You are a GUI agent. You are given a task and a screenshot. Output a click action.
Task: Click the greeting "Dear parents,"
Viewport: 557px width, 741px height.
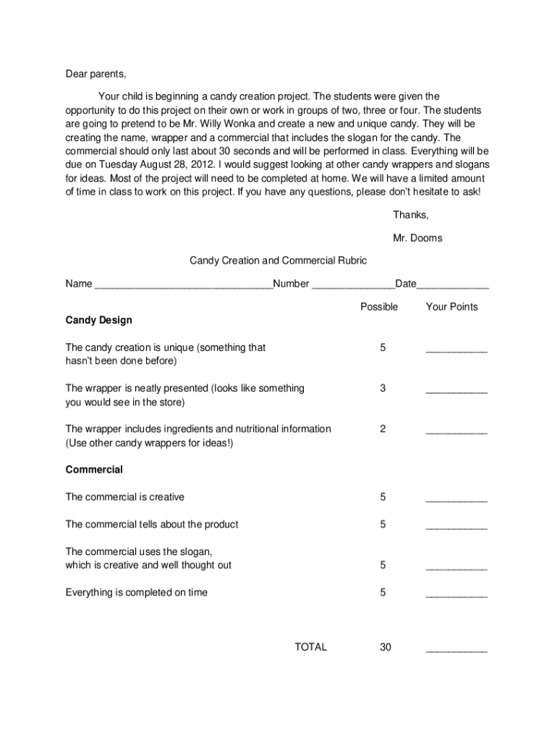pos(95,74)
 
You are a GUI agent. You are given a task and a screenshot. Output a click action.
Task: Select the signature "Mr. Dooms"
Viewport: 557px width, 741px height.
pos(417,238)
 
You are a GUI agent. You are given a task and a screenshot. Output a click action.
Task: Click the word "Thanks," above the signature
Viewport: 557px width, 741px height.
pos(411,215)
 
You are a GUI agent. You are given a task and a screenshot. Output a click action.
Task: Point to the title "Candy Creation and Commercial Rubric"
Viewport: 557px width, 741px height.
pos(278,261)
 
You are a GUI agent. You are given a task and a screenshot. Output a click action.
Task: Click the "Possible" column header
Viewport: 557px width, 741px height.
pos(379,307)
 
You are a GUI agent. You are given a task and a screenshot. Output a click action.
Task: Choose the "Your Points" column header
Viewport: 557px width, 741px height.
pos(451,307)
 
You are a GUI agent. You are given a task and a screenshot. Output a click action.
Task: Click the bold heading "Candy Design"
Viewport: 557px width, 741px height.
pos(98,320)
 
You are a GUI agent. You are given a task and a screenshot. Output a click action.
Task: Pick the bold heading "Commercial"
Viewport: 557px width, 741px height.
pos(94,470)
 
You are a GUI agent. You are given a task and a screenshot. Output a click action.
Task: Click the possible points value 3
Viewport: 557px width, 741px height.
pos(383,389)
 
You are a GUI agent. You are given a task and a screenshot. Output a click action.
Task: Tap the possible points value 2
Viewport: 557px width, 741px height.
pos(383,429)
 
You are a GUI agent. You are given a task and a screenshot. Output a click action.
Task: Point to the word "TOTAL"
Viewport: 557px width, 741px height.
pos(311,647)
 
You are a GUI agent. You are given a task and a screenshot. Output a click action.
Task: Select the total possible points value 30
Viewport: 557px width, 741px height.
pos(385,647)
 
